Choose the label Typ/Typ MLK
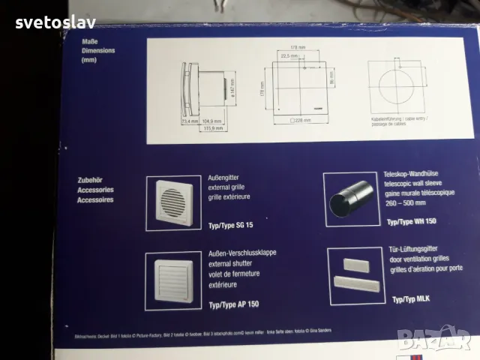pyautogui.click(x=411, y=299)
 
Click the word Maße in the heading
pyautogui.click(x=89, y=43)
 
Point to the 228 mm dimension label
pyautogui.click(x=303, y=120)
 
